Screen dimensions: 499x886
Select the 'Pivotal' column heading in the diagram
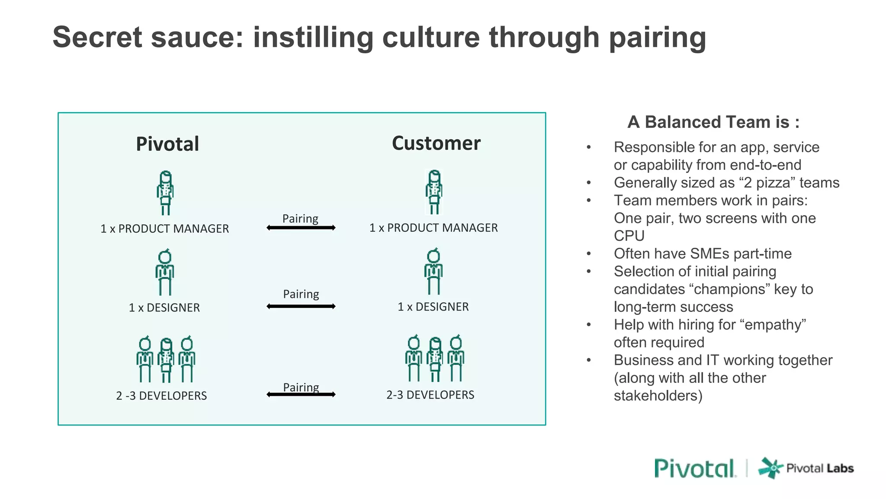(x=167, y=144)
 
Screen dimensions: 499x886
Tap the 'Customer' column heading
(x=436, y=143)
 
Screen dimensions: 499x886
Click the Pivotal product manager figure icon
(x=165, y=193)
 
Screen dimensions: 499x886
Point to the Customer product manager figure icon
(x=434, y=192)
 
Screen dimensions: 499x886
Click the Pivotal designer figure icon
(x=165, y=272)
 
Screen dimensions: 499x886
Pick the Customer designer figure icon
(x=433, y=272)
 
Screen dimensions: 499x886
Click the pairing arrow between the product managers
(x=301, y=228)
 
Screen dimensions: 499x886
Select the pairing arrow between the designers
(x=301, y=307)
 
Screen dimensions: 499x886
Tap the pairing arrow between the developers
(x=301, y=394)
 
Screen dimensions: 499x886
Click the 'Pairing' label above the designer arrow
(x=301, y=294)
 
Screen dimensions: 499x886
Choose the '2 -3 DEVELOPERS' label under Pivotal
(x=161, y=395)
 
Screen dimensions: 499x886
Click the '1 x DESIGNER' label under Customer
(x=433, y=307)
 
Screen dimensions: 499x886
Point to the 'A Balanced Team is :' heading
(x=713, y=122)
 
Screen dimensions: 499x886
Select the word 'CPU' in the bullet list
(x=629, y=236)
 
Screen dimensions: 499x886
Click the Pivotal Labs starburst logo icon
(x=770, y=468)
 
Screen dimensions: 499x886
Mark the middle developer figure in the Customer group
(x=435, y=359)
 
